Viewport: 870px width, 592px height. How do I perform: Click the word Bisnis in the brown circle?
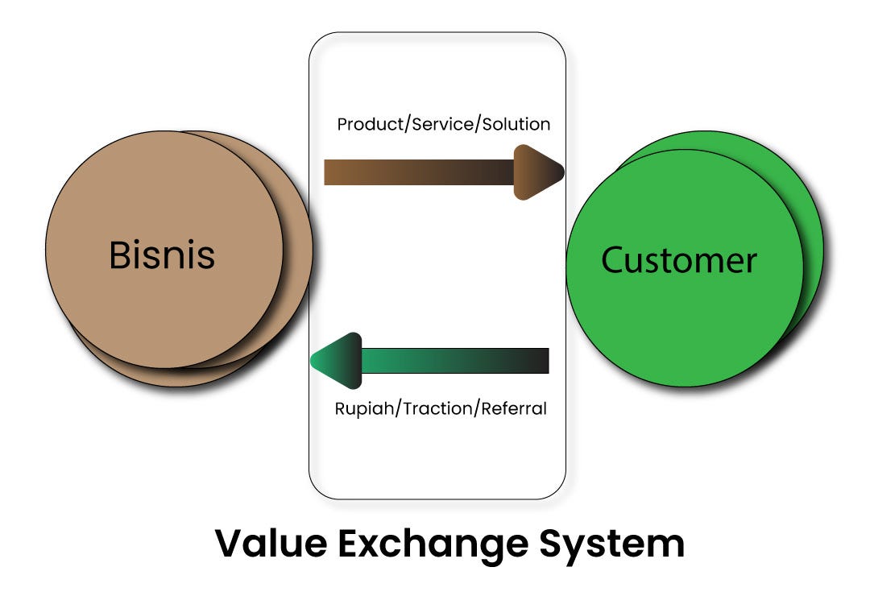pyautogui.click(x=162, y=255)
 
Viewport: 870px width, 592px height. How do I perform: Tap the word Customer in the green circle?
pyautogui.click(x=679, y=260)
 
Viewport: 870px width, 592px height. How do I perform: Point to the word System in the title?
pyautogui.click(x=616, y=544)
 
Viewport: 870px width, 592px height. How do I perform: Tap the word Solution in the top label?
pyautogui.click(x=516, y=125)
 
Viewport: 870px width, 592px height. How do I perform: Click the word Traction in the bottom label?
pyautogui.click(x=438, y=408)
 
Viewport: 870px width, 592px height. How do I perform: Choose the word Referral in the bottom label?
pyautogui.click(x=514, y=408)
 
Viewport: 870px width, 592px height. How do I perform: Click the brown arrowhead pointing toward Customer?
pyautogui.click(x=537, y=172)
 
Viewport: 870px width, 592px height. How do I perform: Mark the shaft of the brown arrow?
pyautogui.click(x=419, y=172)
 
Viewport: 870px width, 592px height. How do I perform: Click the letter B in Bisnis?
pyautogui.click(x=119, y=255)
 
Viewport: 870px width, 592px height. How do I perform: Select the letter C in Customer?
pyautogui.click(x=615, y=260)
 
